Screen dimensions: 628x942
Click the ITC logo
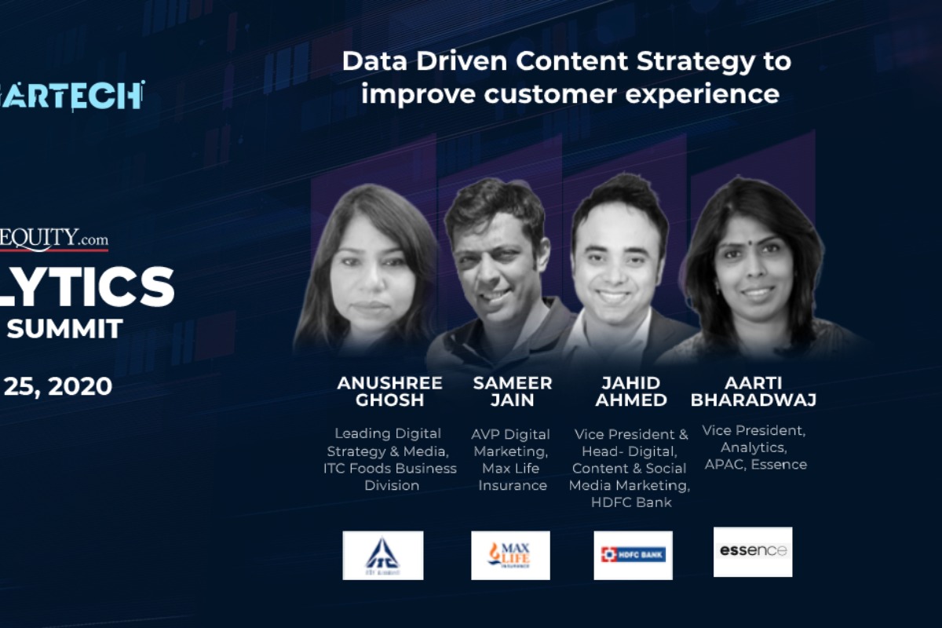[x=382, y=555]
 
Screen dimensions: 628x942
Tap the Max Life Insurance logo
[x=510, y=555]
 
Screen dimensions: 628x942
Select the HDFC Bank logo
[x=633, y=555]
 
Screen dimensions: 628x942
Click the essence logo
[x=753, y=551]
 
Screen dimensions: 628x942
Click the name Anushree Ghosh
[x=389, y=391]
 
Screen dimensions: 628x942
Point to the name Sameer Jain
[x=513, y=391]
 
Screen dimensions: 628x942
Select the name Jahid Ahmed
[x=631, y=391]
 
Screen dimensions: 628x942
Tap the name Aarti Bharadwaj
[x=753, y=391]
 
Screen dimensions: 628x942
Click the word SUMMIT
[x=64, y=327]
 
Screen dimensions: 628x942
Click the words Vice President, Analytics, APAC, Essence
[x=754, y=447]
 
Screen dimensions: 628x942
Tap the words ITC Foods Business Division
[x=389, y=476]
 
